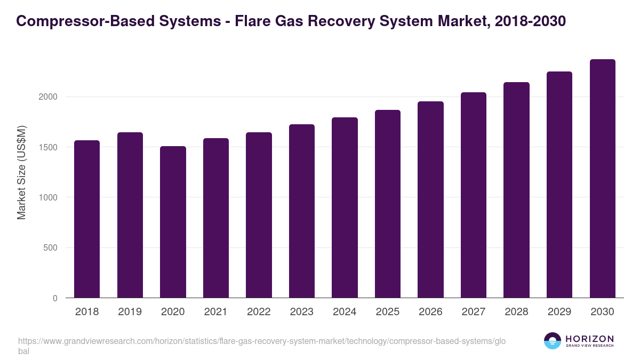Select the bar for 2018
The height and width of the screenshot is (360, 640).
[x=87, y=219]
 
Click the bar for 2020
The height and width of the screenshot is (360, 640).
[x=173, y=222]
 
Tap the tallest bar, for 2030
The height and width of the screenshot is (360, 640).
[x=603, y=179]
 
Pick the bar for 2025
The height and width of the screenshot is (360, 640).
[x=388, y=204]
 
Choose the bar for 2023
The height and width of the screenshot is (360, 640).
[x=302, y=211]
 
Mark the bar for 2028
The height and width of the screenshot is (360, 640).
[x=516, y=190]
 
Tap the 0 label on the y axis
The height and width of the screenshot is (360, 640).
[x=55, y=298]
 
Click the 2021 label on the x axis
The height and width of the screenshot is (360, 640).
[x=215, y=312]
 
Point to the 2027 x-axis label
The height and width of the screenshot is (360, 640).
[x=473, y=312]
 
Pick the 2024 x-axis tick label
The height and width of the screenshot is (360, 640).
[x=345, y=312]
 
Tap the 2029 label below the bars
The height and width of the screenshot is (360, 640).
[x=559, y=312]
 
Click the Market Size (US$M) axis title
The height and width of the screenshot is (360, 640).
[x=21, y=172]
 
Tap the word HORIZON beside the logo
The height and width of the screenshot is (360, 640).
[x=589, y=339]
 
